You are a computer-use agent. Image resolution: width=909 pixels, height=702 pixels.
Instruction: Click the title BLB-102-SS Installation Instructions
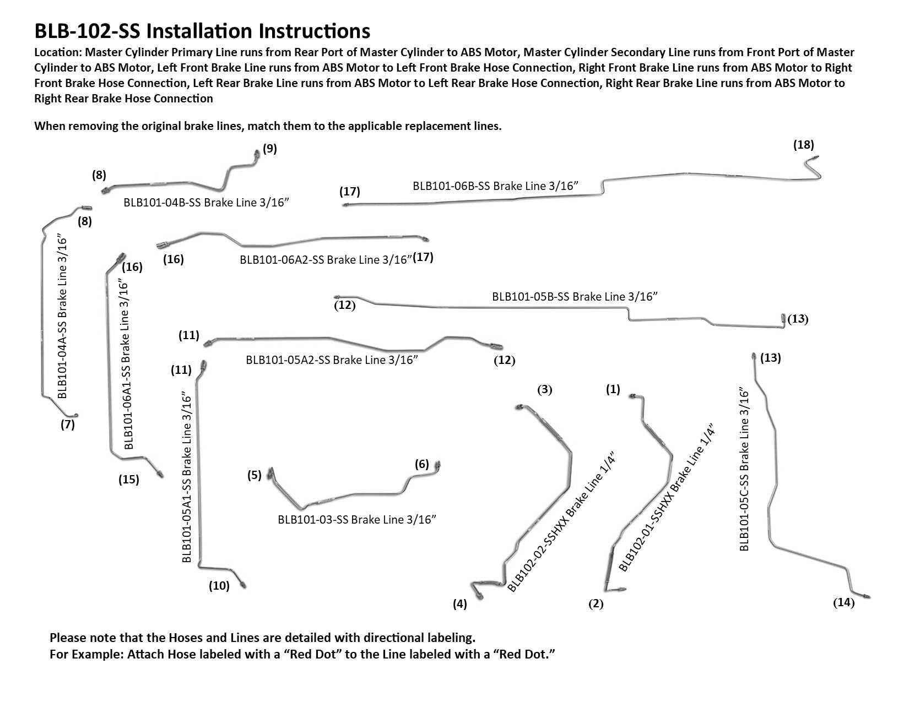[x=202, y=31]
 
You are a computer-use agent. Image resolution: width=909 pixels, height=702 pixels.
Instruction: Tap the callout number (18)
[x=803, y=145]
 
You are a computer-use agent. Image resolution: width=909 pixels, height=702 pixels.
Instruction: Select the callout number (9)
[x=269, y=149]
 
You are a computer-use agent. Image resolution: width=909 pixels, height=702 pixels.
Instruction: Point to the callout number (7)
[x=67, y=425]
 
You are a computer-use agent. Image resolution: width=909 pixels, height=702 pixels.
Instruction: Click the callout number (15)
[x=129, y=480]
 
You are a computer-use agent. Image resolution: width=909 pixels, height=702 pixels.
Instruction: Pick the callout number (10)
[x=219, y=586]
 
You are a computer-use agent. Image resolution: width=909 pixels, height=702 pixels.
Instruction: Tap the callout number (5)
[x=254, y=475]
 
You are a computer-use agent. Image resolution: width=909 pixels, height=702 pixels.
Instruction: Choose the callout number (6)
[x=421, y=464]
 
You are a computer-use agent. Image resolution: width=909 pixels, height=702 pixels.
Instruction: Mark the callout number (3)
[x=544, y=390]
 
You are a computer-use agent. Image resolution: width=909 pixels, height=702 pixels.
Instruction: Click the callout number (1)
[x=613, y=390]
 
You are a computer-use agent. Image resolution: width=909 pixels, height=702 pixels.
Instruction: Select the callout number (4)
[x=459, y=604]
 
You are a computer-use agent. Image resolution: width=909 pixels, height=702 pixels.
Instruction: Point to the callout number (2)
[x=596, y=604]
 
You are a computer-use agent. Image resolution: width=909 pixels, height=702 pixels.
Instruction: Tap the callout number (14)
[x=843, y=603]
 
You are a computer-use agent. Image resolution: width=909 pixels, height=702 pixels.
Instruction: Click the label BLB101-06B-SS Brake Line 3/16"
[x=495, y=186]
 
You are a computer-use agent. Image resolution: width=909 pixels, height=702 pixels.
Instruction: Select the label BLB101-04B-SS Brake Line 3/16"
[x=207, y=203]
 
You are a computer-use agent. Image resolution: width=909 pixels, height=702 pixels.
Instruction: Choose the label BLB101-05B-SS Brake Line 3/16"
[x=575, y=296]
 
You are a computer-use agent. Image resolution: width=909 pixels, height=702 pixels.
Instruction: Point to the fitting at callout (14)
[x=867, y=596]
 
